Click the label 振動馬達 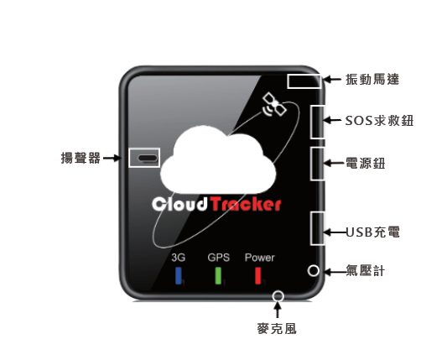click(x=372, y=80)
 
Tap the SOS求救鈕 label click(x=379, y=121)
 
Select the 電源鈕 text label click(x=365, y=164)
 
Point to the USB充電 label click(x=373, y=232)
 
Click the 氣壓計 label click(x=365, y=270)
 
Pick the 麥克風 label click(x=277, y=329)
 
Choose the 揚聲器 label click(x=81, y=158)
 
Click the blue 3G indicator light click(x=179, y=275)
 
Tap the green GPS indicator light click(x=218, y=275)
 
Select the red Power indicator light click(x=258, y=275)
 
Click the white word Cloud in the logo click(x=179, y=204)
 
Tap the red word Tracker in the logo click(x=247, y=204)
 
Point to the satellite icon click(x=274, y=105)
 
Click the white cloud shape click(x=218, y=161)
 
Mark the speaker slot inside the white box click(x=148, y=158)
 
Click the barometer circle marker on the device click(x=314, y=270)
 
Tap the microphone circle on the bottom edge click(x=278, y=296)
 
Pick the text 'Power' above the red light click(x=260, y=258)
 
